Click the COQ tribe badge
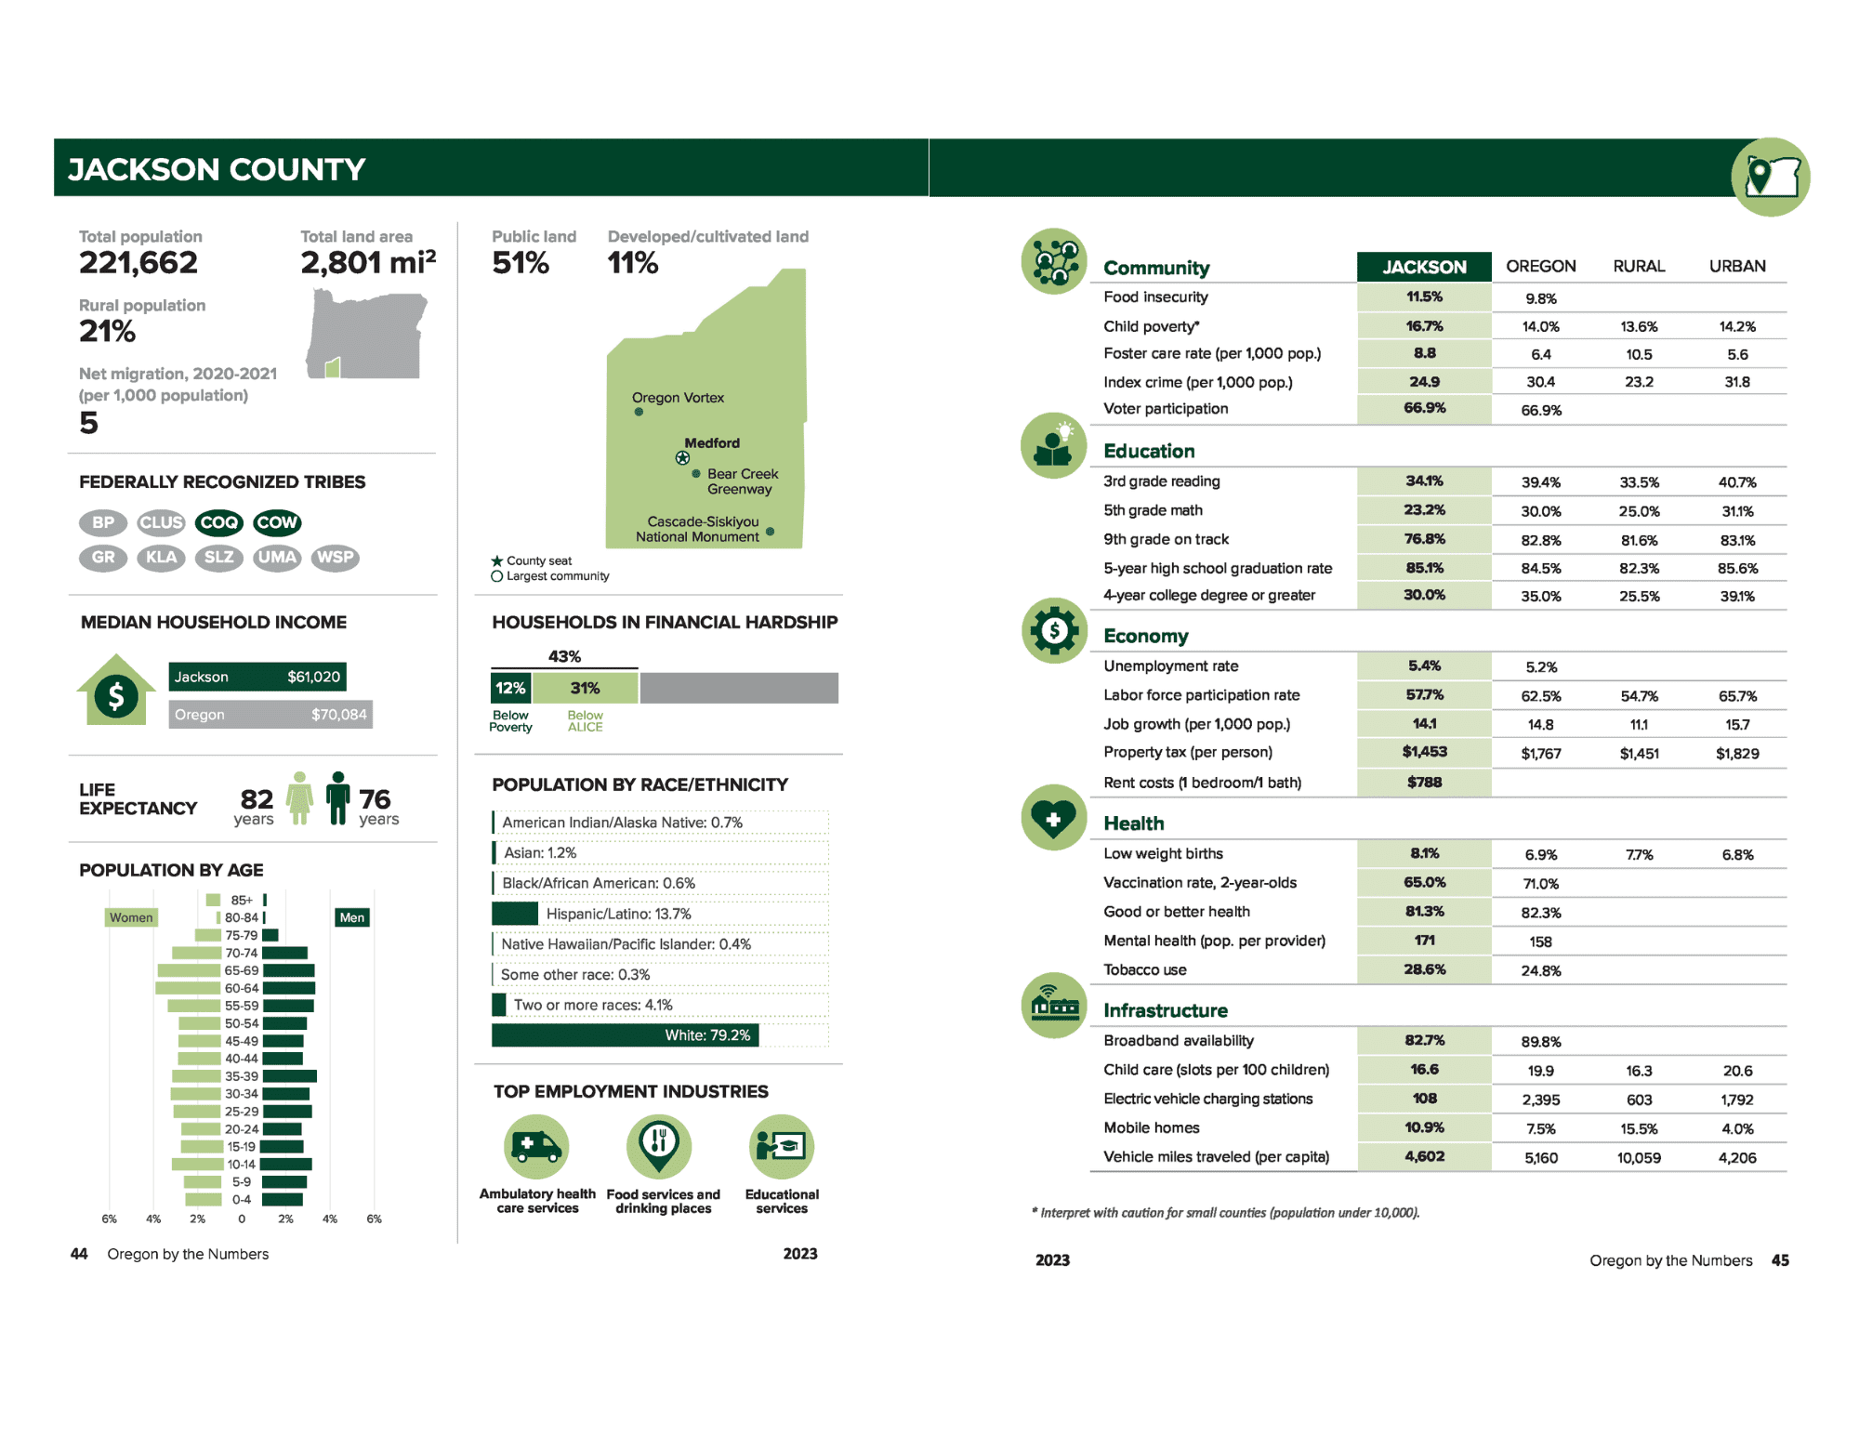[x=218, y=522]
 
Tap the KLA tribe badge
[x=161, y=558]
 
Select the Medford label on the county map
[x=712, y=443]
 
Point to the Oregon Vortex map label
[x=678, y=398]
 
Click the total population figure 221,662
[x=138, y=263]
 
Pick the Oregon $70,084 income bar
[x=270, y=715]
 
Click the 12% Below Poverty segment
[x=510, y=689]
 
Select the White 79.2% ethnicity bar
[x=625, y=1035]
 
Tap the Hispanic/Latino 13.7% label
[x=618, y=914]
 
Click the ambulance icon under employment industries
[x=536, y=1146]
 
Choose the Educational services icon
[x=782, y=1146]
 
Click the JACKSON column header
[x=1424, y=267]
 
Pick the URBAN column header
[x=1736, y=267]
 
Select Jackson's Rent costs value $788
[x=1424, y=783]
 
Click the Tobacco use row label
[x=1144, y=970]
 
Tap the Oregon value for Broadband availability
[x=1540, y=1042]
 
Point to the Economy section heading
[x=1145, y=637]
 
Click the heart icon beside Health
[x=1053, y=819]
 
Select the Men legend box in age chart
[x=352, y=918]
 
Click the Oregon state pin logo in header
[x=1770, y=177]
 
